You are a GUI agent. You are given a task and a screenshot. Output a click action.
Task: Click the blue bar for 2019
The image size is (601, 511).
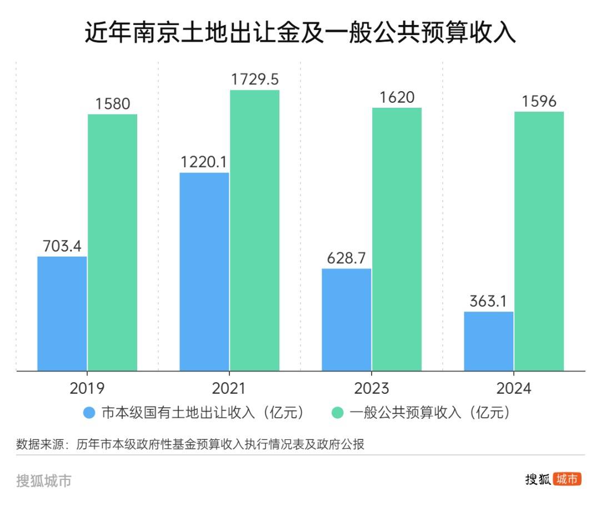click(x=62, y=313)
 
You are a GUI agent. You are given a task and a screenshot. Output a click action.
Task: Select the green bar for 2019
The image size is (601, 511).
click(x=112, y=242)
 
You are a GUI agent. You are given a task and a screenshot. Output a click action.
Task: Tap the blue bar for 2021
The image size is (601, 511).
click(x=204, y=271)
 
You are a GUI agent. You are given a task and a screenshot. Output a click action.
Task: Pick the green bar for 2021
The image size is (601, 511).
click(x=254, y=230)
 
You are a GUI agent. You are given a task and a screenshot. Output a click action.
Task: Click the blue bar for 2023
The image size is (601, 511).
click(x=347, y=319)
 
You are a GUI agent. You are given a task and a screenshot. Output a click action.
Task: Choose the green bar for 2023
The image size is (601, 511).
click(x=397, y=239)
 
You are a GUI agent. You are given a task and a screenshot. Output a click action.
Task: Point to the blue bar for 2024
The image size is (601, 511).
click(x=489, y=341)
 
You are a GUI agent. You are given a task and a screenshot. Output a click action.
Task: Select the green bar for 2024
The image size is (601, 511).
click(x=539, y=241)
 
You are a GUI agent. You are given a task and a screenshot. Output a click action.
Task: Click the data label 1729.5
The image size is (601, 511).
click(x=254, y=79)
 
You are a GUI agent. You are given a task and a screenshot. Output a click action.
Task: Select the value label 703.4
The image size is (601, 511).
click(x=62, y=246)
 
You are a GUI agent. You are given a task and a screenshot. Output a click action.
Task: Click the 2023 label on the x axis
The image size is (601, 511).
click(x=371, y=388)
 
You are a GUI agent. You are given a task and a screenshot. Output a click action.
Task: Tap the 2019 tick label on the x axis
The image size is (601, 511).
click(x=87, y=388)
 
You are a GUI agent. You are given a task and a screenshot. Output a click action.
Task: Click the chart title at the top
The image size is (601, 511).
click(x=300, y=34)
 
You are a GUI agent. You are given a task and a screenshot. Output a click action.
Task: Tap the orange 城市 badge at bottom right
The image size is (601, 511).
click(x=567, y=479)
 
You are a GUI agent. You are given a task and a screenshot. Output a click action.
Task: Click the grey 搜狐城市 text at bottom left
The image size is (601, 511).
click(x=44, y=480)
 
